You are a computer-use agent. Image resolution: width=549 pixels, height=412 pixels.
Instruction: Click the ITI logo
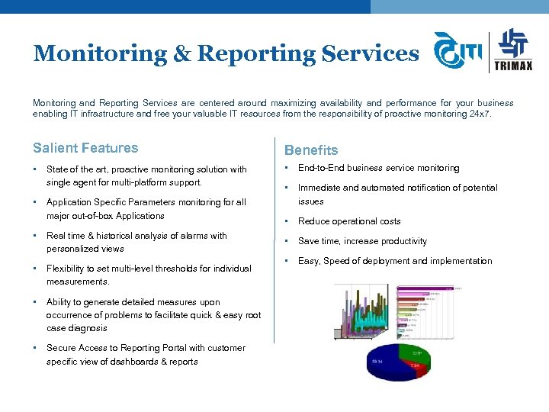(x=457, y=52)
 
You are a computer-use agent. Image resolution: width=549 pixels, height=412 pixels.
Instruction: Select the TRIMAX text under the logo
(x=514, y=66)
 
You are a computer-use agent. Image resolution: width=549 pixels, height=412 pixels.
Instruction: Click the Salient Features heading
(x=85, y=148)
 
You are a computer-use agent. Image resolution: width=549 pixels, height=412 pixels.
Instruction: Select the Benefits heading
(x=310, y=150)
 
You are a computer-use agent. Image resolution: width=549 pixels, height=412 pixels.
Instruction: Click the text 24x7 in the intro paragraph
(x=480, y=114)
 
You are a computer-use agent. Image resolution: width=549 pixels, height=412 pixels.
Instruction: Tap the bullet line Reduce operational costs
(x=349, y=221)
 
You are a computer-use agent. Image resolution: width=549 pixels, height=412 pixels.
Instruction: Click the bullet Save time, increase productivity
(x=362, y=241)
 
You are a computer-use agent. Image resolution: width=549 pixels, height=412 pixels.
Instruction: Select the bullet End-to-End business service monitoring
(x=378, y=168)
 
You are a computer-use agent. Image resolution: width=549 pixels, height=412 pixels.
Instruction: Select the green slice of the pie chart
(x=412, y=352)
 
